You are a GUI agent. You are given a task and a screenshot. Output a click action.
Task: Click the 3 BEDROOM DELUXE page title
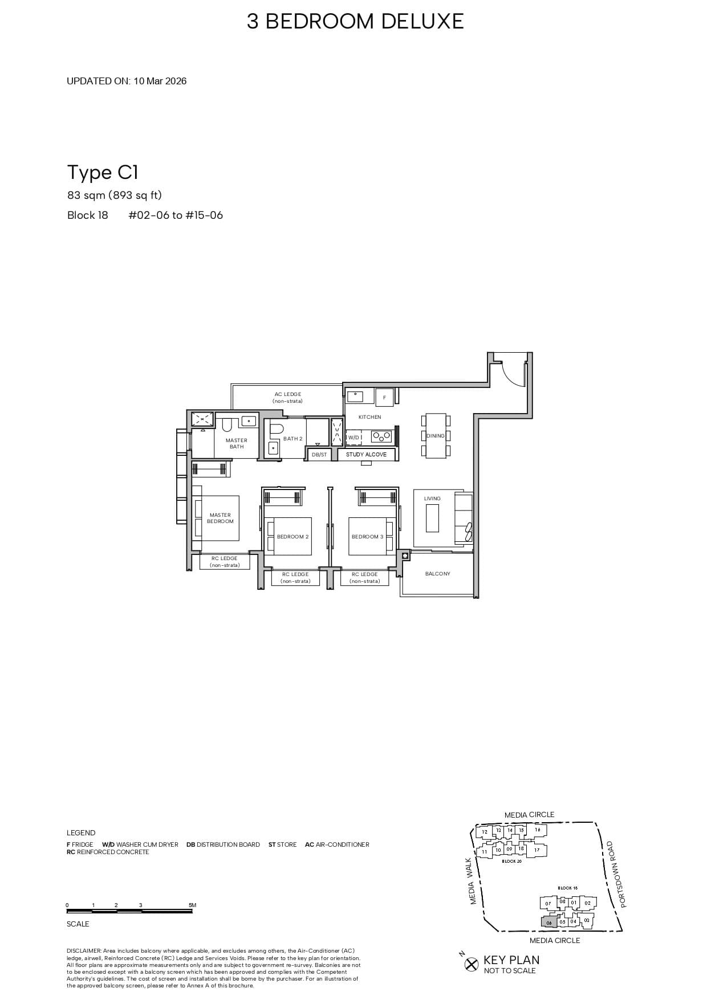pos(355,22)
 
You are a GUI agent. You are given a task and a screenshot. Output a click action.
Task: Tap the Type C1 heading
pos(103,172)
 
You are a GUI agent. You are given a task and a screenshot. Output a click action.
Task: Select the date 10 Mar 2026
pos(160,81)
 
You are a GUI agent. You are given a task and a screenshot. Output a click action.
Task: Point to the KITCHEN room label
pos(369,417)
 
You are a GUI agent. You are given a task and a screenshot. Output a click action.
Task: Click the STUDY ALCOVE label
pos(366,455)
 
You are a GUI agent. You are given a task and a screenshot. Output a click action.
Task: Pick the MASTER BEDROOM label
pos(220,518)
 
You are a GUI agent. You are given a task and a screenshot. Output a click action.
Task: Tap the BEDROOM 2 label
pos(292,537)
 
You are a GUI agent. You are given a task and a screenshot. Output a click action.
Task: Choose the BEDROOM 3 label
pos(367,537)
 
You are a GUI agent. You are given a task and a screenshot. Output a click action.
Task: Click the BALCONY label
pos(437,574)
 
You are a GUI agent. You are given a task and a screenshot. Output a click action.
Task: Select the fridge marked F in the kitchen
pos(384,398)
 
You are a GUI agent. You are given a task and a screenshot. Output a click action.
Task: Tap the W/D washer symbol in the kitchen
pos(354,438)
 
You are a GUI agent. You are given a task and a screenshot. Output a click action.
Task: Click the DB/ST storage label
pos(319,455)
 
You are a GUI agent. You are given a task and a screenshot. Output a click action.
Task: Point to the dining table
pos(436,436)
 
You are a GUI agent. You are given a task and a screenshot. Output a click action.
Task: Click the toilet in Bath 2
pos(277,429)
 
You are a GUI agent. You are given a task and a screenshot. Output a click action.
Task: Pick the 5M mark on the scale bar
pos(192,905)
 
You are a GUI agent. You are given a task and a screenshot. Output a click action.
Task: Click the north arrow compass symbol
pos(471,964)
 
